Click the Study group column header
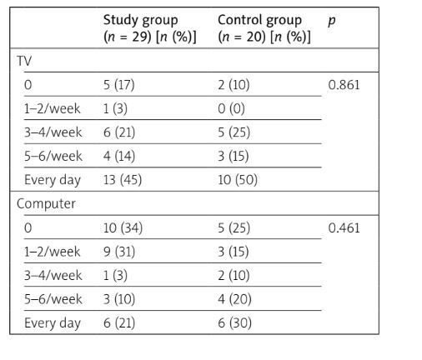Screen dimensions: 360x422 click(x=149, y=27)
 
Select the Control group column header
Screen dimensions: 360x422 click(x=264, y=27)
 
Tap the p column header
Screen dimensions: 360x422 click(x=332, y=19)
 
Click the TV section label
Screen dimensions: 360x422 click(x=26, y=61)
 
